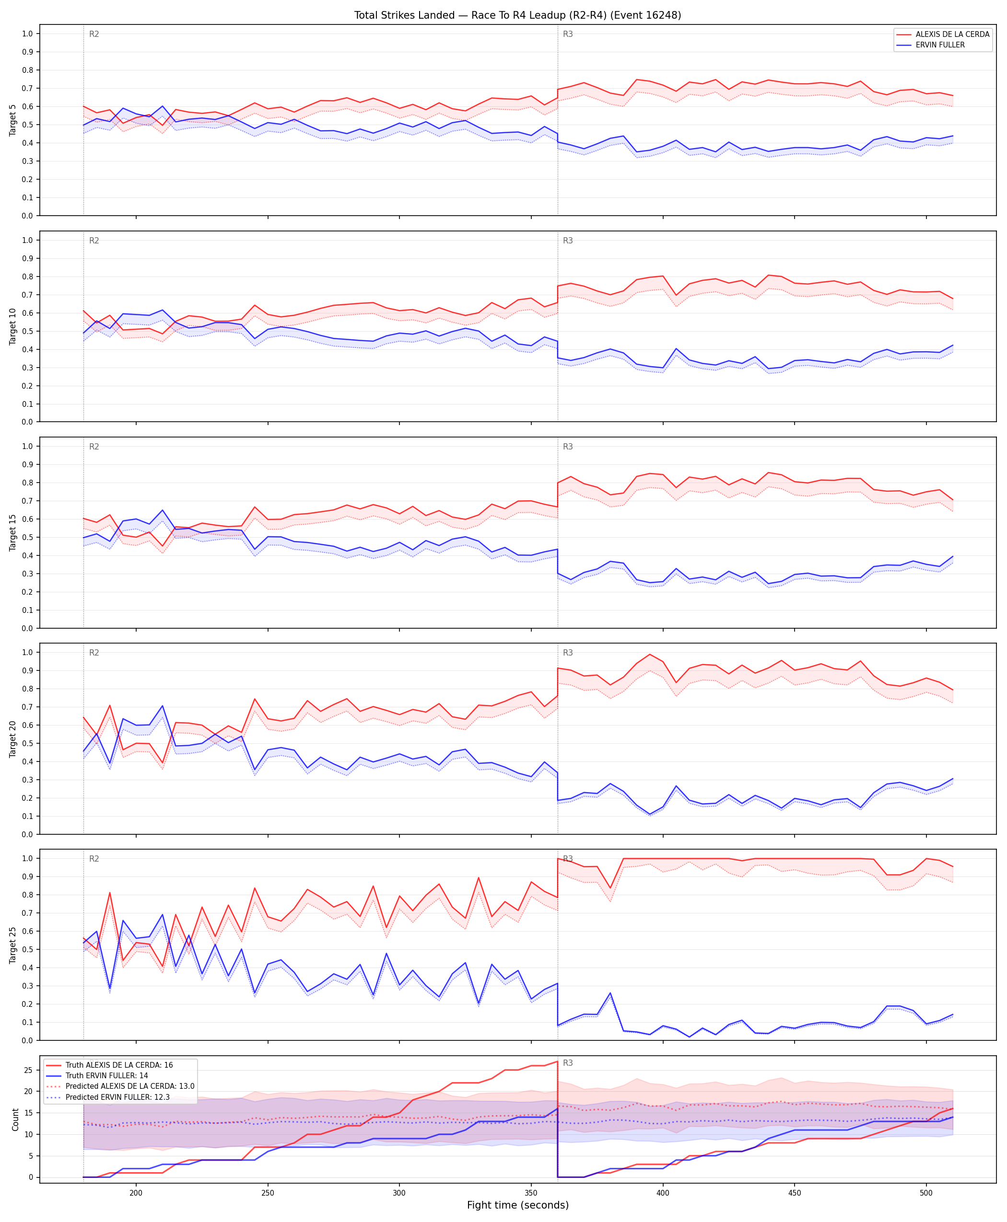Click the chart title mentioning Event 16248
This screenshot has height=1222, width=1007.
click(517, 15)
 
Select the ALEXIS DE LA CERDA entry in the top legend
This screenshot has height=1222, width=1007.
click(952, 34)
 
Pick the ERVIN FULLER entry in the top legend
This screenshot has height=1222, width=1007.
click(940, 45)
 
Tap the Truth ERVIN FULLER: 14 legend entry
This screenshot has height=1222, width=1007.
click(107, 1075)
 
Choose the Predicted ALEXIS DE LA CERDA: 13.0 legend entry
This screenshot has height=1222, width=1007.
click(130, 1086)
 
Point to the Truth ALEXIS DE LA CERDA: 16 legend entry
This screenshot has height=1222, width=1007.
click(119, 1065)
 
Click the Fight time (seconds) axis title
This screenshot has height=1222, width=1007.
click(517, 1205)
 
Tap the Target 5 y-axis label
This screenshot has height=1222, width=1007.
click(13, 120)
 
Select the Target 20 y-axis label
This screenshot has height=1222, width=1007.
click(13, 738)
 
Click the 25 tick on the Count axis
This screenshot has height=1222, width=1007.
click(28, 1070)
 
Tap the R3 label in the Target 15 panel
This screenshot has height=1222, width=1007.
click(568, 446)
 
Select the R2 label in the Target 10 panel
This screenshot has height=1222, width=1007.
click(94, 241)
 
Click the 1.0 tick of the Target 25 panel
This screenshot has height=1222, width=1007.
click(27, 859)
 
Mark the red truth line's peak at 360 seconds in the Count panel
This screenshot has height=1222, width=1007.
click(557, 1061)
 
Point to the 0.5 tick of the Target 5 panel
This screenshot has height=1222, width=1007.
click(27, 125)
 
